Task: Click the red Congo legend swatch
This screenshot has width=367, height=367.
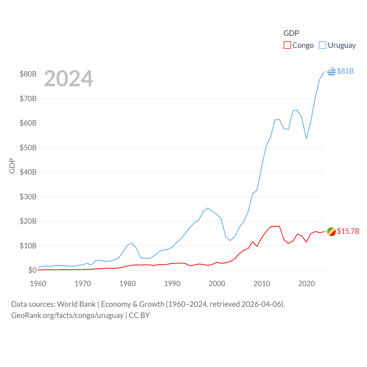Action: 287,45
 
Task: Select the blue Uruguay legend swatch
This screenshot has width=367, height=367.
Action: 323,45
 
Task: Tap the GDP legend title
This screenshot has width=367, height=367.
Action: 291,33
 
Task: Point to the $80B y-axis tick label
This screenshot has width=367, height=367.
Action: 28,74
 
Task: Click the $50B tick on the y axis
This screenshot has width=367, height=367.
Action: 28,148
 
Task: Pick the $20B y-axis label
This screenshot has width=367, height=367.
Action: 28,221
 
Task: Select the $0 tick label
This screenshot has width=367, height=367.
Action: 32,270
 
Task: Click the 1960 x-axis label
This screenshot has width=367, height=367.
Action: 38,284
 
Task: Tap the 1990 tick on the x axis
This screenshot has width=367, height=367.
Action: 172,284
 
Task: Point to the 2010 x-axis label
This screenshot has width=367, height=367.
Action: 262,284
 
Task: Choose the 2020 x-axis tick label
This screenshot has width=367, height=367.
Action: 307,284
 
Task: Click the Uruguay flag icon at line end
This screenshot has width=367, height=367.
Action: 331,71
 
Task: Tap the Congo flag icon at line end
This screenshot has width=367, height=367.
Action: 331,231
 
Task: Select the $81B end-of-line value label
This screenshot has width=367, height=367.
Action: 345,71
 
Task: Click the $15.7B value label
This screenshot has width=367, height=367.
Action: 348,231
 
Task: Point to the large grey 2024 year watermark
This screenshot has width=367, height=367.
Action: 69,79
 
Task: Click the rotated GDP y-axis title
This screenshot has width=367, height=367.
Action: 12,166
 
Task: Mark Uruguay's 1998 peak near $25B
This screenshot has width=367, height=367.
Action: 208,208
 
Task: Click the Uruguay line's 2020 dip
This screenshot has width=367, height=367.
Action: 306,139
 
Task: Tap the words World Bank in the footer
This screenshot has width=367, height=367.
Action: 76,304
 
